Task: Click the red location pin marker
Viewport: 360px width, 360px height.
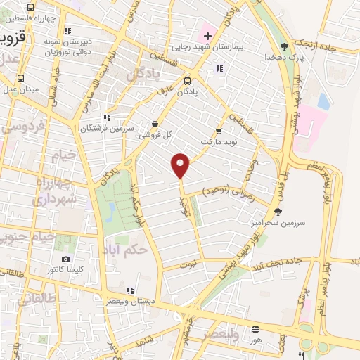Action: coord(181,165)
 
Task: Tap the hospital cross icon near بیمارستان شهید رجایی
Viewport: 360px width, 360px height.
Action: coord(207,36)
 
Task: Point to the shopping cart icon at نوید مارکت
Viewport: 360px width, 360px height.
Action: coord(219,131)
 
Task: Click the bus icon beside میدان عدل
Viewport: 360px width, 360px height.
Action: coord(20,79)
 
